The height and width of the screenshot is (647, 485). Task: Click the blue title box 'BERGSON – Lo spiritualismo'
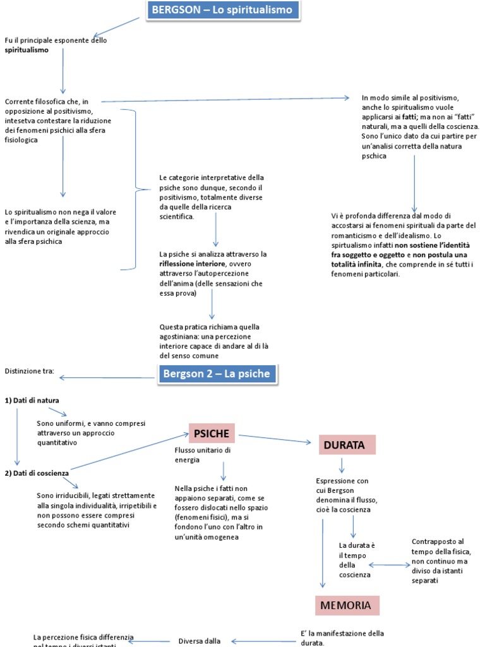pos(223,11)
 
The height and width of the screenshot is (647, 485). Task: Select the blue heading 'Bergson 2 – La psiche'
pos(216,374)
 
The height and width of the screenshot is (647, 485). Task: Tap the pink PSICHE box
pos(211,433)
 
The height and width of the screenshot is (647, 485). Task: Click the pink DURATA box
pos(344,445)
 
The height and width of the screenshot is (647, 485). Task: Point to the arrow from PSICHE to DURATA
pos(275,438)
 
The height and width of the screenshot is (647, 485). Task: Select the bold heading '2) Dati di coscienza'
pos(37,473)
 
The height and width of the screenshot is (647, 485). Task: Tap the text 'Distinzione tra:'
pos(29,370)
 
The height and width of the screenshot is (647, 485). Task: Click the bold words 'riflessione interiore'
pos(192,263)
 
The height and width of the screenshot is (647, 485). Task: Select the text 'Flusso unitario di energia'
pos(202,455)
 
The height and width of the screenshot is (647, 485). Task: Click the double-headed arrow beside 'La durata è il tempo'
pos(389,565)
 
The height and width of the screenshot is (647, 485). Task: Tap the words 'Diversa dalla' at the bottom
pos(199,641)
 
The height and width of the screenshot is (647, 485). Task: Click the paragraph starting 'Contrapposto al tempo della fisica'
pos(438,560)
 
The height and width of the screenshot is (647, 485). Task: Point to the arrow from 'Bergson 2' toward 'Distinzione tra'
pos(107,378)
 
